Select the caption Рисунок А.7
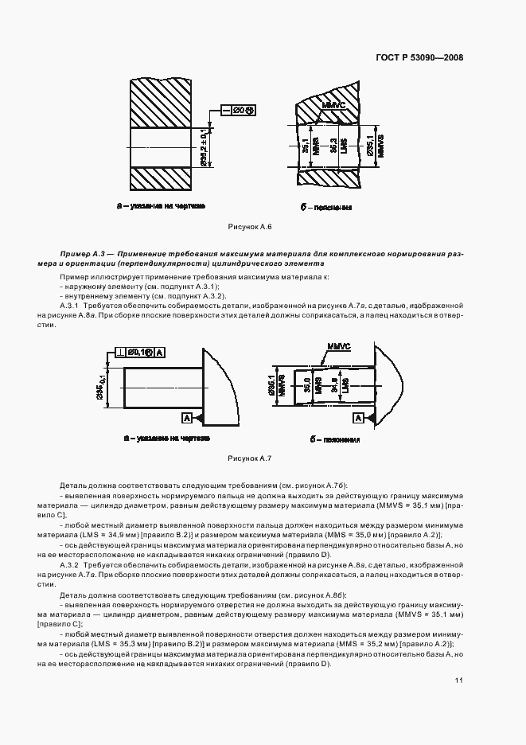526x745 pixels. click(250, 458)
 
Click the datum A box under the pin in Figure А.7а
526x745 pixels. click(186, 417)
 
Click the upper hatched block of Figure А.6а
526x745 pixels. click(159, 103)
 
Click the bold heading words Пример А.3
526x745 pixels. click(82, 253)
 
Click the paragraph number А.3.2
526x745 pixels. click(72, 564)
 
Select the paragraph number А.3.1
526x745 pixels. click(72, 305)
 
